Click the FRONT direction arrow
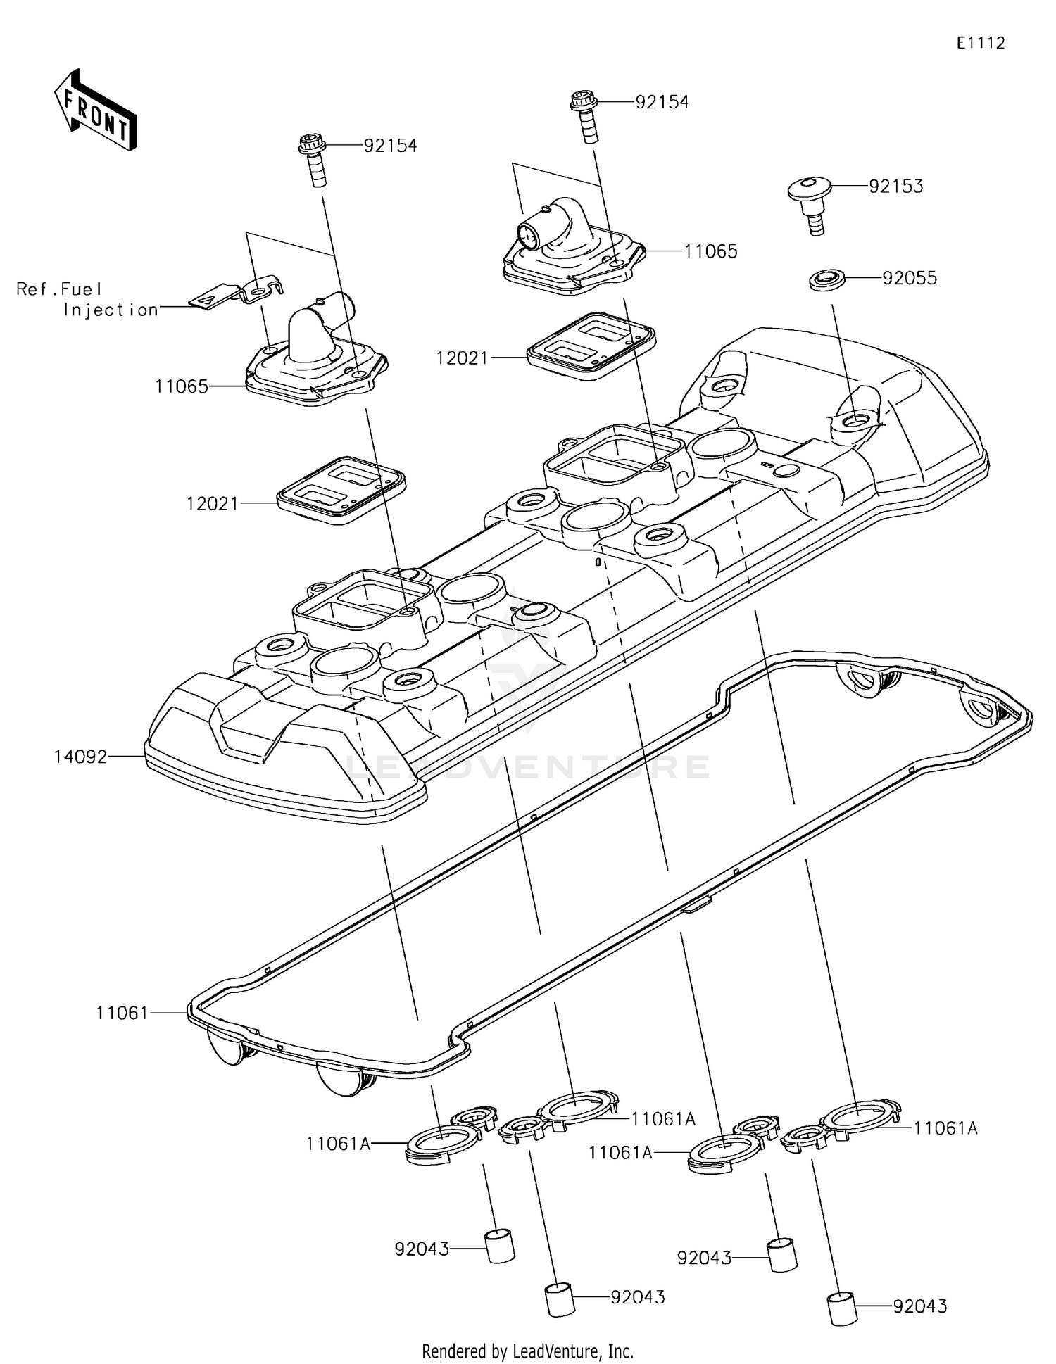[95, 110]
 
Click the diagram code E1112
[980, 43]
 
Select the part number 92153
[895, 187]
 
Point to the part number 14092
[80, 757]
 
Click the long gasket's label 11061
[122, 1013]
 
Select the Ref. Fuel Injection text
[87, 299]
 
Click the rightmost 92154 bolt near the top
[586, 115]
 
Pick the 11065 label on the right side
[710, 251]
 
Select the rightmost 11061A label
[945, 1128]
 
